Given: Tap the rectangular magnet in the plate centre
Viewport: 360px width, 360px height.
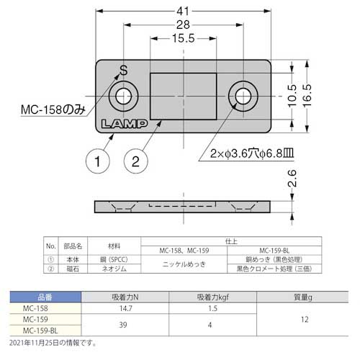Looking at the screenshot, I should pos(183,95).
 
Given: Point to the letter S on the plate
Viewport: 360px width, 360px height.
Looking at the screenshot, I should pos(123,71).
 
